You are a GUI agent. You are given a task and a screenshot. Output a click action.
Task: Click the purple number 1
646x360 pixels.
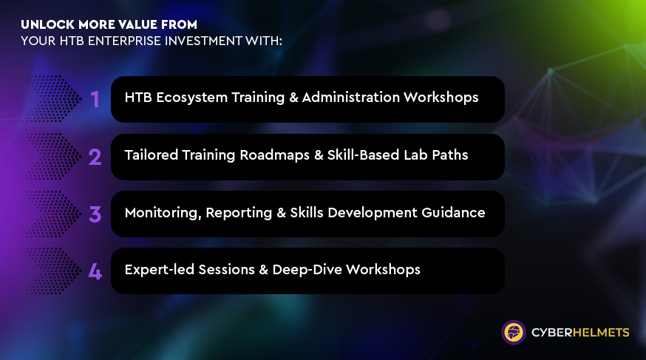click(x=95, y=99)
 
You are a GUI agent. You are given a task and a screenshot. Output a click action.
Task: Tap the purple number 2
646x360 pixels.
click(x=95, y=157)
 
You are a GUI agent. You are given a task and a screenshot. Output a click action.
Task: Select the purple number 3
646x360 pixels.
click(x=95, y=214)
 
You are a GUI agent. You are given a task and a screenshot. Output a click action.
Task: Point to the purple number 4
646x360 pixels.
click(x=95, y=271)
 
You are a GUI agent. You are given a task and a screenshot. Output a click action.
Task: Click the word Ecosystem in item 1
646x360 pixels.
click(x=191, y=98)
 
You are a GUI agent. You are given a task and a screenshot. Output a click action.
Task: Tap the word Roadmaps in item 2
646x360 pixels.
click(x=274, y=155)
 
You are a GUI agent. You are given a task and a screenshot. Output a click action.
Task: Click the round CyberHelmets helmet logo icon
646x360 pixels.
click(x=514, y=333)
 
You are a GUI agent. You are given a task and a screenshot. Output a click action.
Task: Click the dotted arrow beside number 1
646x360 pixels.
click(x=52, y=99)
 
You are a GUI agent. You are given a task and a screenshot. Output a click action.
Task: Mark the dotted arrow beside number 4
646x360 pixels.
click(x=52, y=271)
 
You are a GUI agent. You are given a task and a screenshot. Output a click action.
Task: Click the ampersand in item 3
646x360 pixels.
click(x=282, y=213)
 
